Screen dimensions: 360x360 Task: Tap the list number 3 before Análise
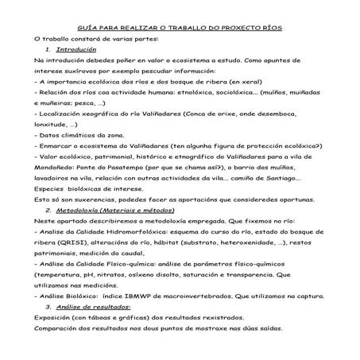pos(48,305)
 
